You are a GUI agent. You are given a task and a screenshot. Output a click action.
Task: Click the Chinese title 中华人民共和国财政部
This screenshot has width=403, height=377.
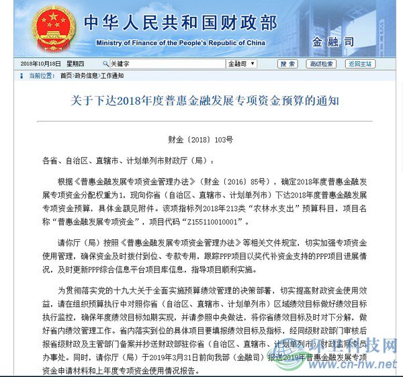click(x=179, y=23)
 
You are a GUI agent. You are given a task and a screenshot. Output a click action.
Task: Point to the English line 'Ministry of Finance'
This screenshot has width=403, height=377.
click(x=181, y=42)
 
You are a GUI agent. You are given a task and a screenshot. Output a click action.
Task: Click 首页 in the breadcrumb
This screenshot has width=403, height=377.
click(x=66, y=76)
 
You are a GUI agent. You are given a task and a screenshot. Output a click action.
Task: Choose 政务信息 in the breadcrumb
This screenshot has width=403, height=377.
click(x=86, y=76)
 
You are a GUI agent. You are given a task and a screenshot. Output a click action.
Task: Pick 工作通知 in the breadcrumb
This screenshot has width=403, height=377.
click(x=111, y=76)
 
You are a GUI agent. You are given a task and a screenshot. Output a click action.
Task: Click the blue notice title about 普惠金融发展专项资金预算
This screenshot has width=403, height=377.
click(x=205, y=101)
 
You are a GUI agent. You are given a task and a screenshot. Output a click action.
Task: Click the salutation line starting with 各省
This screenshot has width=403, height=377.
click(x=128, y=161)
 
